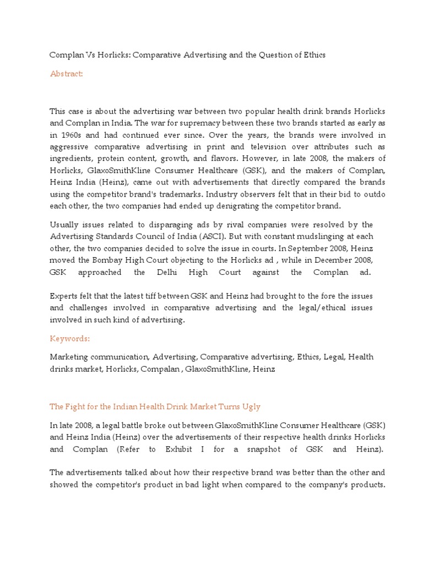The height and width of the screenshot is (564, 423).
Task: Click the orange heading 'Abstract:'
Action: pos(66,74)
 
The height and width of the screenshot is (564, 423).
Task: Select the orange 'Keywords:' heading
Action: pos(69,338)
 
